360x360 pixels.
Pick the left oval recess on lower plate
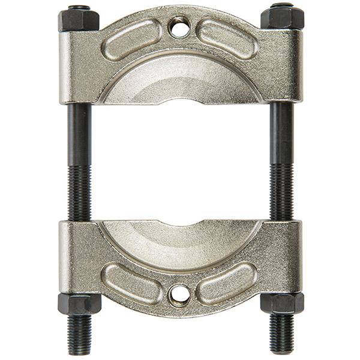click(133, 282)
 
